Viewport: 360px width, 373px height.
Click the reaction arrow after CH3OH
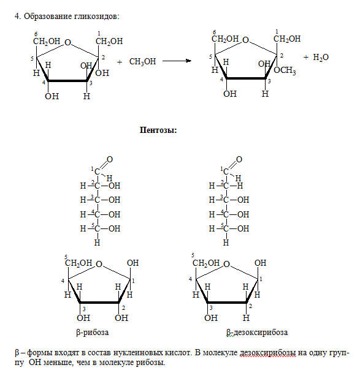(177, 61)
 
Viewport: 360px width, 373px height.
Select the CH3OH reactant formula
(142, 62)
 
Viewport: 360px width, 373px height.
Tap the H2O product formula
(321, 58)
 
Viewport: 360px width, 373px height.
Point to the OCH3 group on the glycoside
(285, 70)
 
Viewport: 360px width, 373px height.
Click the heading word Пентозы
(158, 130)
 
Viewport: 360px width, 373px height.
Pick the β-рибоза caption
(93, 333)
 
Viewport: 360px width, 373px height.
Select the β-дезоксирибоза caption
(257, 333)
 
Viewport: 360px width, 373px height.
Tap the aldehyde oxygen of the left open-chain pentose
(110, 159)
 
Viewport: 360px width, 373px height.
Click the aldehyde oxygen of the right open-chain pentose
(239, 159)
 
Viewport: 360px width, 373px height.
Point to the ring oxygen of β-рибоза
(99, 264)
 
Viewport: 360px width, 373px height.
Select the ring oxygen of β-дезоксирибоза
(227, 264)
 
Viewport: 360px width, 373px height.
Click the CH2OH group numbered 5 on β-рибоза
(79, 263)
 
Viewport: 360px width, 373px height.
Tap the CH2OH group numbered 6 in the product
(225, 39)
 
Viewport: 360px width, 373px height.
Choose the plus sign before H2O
(306, 57)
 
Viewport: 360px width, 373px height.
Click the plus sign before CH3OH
(120, 62)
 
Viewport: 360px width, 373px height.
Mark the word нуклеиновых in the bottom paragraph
(138, 353)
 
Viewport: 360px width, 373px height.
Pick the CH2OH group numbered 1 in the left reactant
(109, 42)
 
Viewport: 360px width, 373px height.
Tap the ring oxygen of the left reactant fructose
(68, 43)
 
